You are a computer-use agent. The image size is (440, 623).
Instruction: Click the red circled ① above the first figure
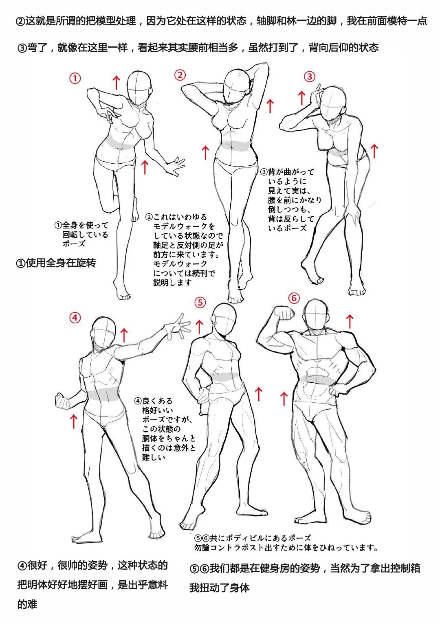[75, 79]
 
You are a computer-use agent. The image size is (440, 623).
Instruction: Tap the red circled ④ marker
[75, 318]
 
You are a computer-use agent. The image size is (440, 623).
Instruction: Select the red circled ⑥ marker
[294, 298]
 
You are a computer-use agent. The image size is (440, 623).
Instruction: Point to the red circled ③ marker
[310, 77]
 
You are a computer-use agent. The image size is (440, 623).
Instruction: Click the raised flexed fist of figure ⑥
[284, 313]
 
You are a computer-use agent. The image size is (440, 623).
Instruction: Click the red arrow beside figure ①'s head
[117, 83]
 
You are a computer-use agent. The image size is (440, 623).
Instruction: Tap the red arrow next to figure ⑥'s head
[350, 321]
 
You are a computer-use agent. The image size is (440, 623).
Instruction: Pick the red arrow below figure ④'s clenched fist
[74, 421]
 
